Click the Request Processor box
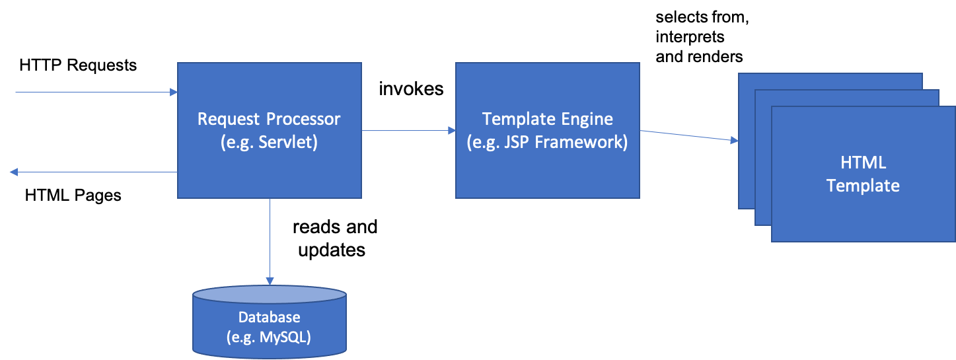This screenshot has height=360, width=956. coord(270,131)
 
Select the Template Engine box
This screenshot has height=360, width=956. coord(548,131)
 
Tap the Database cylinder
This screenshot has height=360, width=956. coord(270,322)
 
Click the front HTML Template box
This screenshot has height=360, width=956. coord(864,174)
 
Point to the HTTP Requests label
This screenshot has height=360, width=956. coord(78,65)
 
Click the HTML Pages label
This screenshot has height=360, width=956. coord(73,196)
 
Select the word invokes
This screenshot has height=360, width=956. coord(411,89)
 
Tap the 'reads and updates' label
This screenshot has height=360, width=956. coord(334,238)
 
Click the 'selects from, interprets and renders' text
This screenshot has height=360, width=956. coord(702,37)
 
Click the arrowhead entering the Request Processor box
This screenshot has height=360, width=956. coord(174,92)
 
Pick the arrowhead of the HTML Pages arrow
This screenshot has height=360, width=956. coord(14,172)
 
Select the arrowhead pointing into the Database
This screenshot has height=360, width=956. coord(270,281)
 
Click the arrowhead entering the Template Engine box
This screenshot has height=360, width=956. coord(452,131)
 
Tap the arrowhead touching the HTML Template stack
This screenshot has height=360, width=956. coord(735,140)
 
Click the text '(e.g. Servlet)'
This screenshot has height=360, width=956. coord(269,142)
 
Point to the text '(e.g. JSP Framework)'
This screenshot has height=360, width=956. coord(547,142)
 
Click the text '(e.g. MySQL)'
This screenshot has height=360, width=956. coord(269,337)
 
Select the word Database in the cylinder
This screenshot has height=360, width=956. coord(270,317)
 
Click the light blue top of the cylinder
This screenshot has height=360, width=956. coord(270,295)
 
